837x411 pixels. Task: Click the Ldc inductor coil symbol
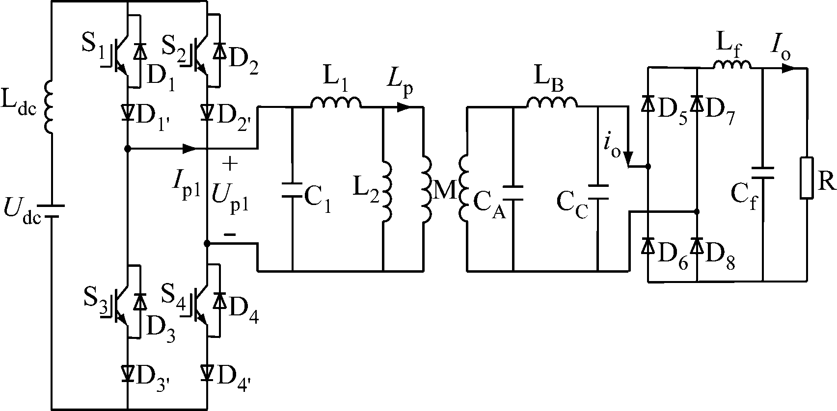[x=50, y=107]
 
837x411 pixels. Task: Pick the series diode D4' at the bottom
[x=207, y=374]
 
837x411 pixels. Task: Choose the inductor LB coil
[x=552, y=102]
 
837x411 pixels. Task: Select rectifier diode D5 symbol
[x=648, y=104]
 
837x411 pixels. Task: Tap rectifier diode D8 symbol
[x=697, y=245]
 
